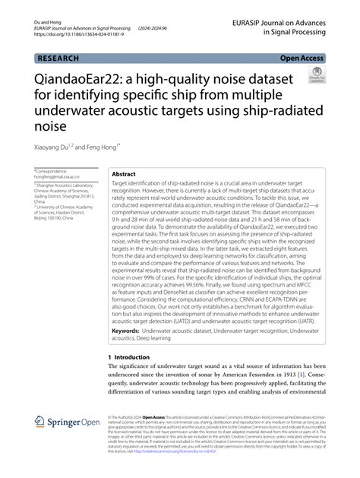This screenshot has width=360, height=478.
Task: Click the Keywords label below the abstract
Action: (x=130, y=331)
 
